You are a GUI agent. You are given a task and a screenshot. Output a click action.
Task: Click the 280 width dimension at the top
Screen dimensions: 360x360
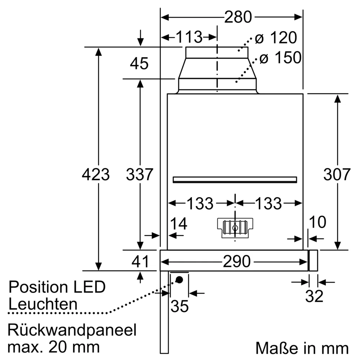[x=238, y=17]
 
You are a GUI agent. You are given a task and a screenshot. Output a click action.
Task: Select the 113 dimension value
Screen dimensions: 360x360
[x=189, y=37]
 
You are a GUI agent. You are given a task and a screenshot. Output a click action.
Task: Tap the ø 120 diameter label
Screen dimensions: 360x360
[x=276, y=38]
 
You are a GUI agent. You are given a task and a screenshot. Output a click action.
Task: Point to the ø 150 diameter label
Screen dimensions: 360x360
[x=280, y=58]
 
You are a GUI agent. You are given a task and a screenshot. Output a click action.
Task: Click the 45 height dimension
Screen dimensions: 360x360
[x=139, y=64]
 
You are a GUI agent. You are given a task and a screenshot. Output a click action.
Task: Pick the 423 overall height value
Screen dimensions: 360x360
[x=95, y=175]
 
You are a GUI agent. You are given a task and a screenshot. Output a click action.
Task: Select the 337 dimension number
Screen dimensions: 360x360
[x=140, y=175]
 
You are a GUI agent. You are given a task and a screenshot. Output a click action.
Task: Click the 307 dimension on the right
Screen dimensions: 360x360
[x=337, y=175]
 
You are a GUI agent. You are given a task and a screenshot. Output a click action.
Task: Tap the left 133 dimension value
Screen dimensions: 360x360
[x=200, y=204]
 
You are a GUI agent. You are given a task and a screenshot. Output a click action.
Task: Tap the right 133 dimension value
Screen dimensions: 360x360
[x=268, y=204]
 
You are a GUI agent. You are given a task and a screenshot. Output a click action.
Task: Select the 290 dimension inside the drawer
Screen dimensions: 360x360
[x=235, y=262]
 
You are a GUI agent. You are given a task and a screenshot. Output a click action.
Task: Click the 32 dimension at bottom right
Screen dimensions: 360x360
[x=314, y=296]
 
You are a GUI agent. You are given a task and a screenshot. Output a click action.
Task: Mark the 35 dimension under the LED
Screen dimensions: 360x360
[x=179, y=306]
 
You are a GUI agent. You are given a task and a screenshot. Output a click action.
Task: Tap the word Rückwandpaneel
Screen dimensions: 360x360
[x=72, y=330]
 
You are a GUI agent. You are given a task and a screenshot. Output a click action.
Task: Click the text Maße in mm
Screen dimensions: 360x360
[x=302, y=348]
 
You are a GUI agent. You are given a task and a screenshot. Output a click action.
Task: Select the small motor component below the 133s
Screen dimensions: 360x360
[x=235, y=228]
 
